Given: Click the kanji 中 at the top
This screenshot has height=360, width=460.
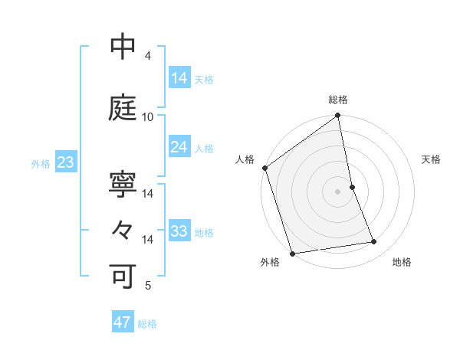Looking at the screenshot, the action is click(123, 47).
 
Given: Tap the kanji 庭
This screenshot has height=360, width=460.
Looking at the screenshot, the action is click(123, 109).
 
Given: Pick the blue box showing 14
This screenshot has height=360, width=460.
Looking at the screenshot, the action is click(179, 78).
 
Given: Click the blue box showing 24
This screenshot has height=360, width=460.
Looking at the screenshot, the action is click(179, 147).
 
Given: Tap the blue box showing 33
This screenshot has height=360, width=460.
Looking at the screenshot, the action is click(179, 231).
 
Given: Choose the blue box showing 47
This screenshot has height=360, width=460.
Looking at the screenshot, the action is click(123, 322).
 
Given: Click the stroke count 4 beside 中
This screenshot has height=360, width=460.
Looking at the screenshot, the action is click(148, 56).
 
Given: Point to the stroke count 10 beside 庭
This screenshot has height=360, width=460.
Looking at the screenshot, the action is click(148, 117).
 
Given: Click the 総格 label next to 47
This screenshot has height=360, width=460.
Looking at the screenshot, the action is click(148, 324).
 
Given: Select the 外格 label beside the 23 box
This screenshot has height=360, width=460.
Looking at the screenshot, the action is click(41, 163).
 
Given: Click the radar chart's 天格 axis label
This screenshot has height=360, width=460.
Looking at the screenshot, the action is click(431, 159).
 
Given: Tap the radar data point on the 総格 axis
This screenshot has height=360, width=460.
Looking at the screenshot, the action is click(338, 116).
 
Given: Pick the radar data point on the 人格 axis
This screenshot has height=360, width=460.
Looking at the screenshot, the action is click(265, 168).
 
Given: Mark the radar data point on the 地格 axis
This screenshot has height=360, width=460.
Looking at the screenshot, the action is click(374, 242).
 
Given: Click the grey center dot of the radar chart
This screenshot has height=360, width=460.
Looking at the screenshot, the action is click(338, 191).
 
